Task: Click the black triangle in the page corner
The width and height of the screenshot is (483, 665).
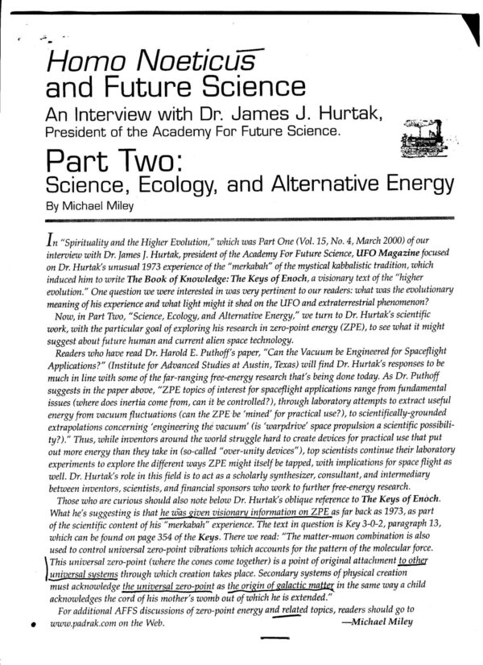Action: click(x=462, y=18)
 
